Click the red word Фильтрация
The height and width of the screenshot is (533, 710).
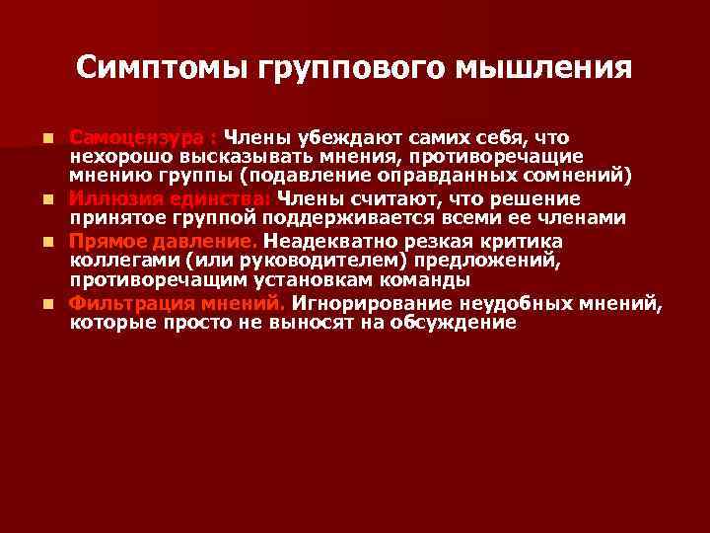pyautogui.click(x=127, y=302)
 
